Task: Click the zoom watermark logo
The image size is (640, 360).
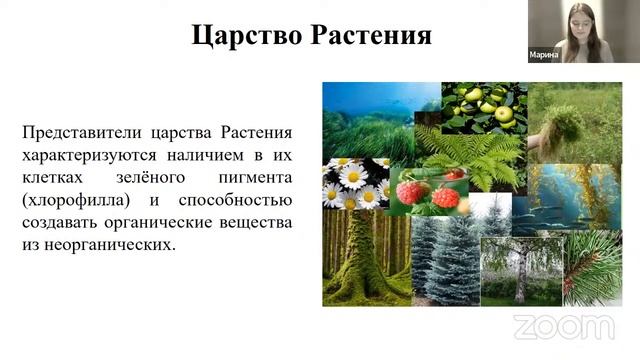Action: tap(563, 326)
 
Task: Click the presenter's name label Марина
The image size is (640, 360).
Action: tap(543, 56)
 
